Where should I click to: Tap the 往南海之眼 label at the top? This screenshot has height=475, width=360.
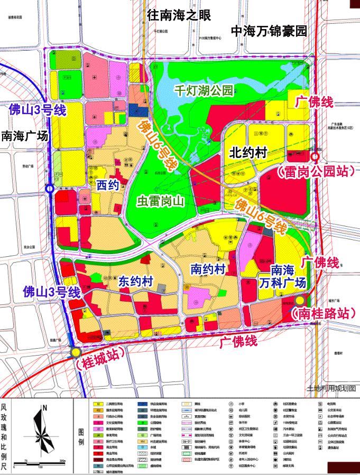[179, 15]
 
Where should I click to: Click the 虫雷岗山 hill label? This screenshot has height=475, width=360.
[159, 201]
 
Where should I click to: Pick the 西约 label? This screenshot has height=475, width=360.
[107, 184]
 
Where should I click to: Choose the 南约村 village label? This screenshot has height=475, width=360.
[208, 269]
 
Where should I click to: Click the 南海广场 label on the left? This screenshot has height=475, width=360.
[25, 136]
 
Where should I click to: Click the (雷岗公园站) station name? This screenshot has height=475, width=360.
[315, 172]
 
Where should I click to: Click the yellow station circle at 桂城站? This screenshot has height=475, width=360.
[76, 352]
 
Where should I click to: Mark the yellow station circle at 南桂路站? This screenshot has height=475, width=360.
[300, 300]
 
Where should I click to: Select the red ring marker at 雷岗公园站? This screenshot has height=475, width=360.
[315, 157]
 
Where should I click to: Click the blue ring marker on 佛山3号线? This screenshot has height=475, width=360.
[50, 188]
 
